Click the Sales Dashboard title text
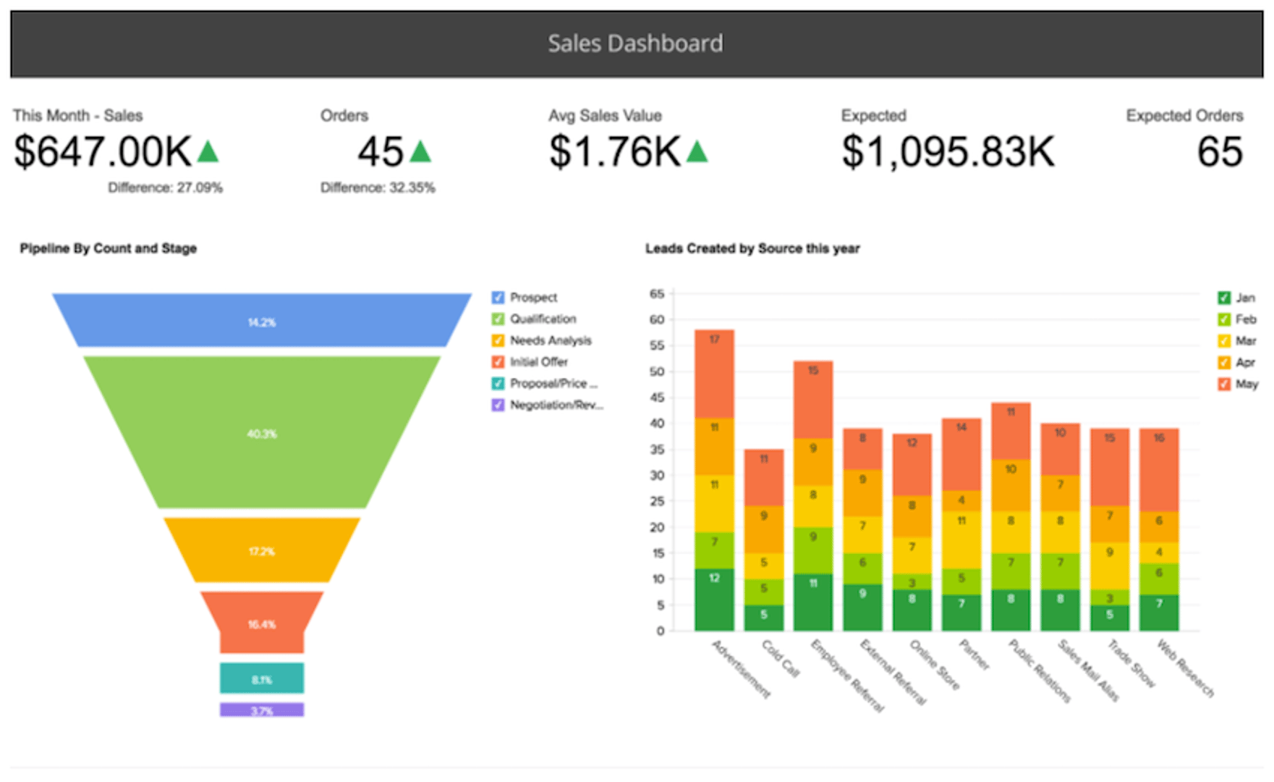tap(635, 43)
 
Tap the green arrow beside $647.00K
tap(208, 152)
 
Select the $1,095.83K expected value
tap(948, 152)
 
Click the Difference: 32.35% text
tap(378, 188)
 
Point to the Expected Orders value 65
tap(1220, 152)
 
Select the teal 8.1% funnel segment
tap(262, 678)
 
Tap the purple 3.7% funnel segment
tap(262, 710)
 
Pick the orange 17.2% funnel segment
tap(262, 551)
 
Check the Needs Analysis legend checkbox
tap(498, 340)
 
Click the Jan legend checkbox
tap(1224, 298)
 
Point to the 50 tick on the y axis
tap(657, 371)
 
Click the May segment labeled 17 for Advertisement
tap(714, 373)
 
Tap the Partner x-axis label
tap(974, 655)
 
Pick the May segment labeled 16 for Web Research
tap(1159, 469)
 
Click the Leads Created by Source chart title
tap(752, 248)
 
